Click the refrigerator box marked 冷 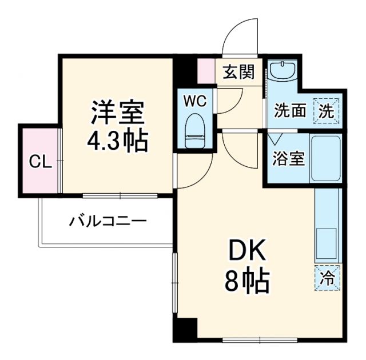coord(327,278)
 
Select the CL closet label coord(40,162)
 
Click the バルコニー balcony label coord(108,221)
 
